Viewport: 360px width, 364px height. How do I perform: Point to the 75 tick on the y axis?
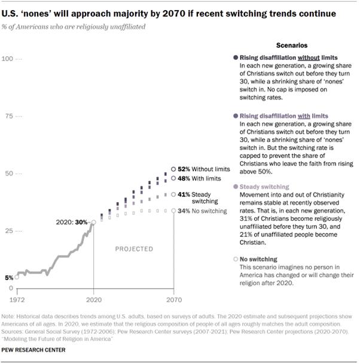[x=8, y=116]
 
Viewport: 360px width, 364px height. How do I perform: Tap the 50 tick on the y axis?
[x=8, y=174]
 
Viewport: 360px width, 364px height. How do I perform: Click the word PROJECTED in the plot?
[x=134, y=248]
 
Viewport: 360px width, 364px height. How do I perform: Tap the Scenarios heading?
[x=291, y=45]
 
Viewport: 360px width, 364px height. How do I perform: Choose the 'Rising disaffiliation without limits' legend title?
[x=277, y=57]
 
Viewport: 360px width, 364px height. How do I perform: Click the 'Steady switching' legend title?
[x=264, y=187]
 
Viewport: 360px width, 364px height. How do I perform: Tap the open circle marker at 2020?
[x=93, y=222]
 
